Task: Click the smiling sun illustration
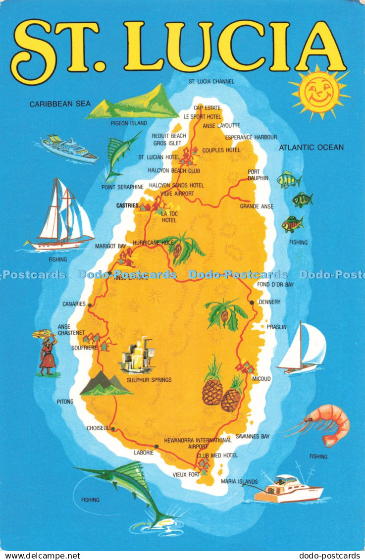pos(319,92)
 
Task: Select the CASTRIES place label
pos(127,205)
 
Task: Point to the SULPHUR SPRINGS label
pos(149,380)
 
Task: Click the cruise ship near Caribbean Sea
pos(69,148)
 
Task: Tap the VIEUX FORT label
pos(186,474)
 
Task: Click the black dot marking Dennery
pos(252,302)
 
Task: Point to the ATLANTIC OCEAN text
pos(311,147)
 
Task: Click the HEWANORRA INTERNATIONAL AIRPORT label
pos(198,443)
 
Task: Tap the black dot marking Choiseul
pos(113,429)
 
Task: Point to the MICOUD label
pos(261,379)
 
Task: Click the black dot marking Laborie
pos(156,446)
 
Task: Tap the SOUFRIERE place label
pos(70,348)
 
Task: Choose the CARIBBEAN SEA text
pos(60,104)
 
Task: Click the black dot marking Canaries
pos(90,305)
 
